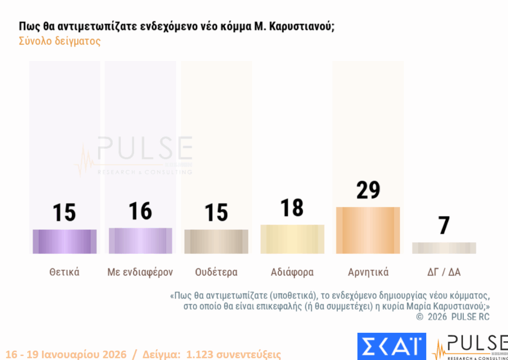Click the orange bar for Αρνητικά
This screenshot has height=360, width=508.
pyautogui.click(x=368, y=230)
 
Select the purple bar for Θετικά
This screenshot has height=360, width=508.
pyautogui.click(x=64, y=241)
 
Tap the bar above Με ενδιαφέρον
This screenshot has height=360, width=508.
pyautogui.click(x=140, y=240)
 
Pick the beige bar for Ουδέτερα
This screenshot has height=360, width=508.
pyautogui.click(x=216, y=241)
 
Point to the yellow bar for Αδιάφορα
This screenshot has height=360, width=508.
pyautogui.click(x=292, y=239)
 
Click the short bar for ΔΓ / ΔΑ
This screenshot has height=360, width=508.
pyautogui.click(x=444, y=248)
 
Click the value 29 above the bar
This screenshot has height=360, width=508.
pyautogui.click(x=368, y=190)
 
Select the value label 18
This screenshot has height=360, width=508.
pyautogui.click(x=292, y=208)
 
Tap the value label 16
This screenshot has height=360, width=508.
pyautogui.click(x=140, y=211)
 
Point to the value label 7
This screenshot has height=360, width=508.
pyautogui.click(x=444, y=226)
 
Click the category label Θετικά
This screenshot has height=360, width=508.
pyautogui.click(x=64, y=272)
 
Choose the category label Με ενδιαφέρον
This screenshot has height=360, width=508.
pyautogui.click(x=140, y=272)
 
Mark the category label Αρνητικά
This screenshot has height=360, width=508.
pyautogui.click(x=368, y=272)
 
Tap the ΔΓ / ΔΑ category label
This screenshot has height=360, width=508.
pyautogui.click(x=444, y=272)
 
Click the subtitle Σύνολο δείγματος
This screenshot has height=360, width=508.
pyautogui.click(x=60, y=41)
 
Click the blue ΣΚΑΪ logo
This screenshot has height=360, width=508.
pyautogui.click(x=391, y=346)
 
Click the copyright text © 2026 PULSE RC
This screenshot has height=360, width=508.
pyautogui.click(x=452, y=316)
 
